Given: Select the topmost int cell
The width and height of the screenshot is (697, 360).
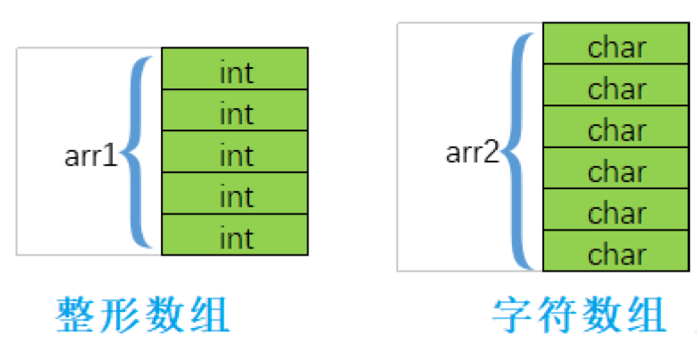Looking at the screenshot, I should [x=235, y=70].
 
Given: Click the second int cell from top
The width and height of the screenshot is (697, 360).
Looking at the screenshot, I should [x=235, y=111].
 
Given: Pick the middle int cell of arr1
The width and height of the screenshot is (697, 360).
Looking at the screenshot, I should [x=235, y=152].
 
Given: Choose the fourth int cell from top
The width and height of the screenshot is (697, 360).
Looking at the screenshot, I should [x=235, y=193].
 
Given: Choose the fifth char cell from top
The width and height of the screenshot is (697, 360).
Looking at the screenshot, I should [x=617, y=210].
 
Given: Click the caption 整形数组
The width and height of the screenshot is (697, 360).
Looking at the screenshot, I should [x=144, y=315].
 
